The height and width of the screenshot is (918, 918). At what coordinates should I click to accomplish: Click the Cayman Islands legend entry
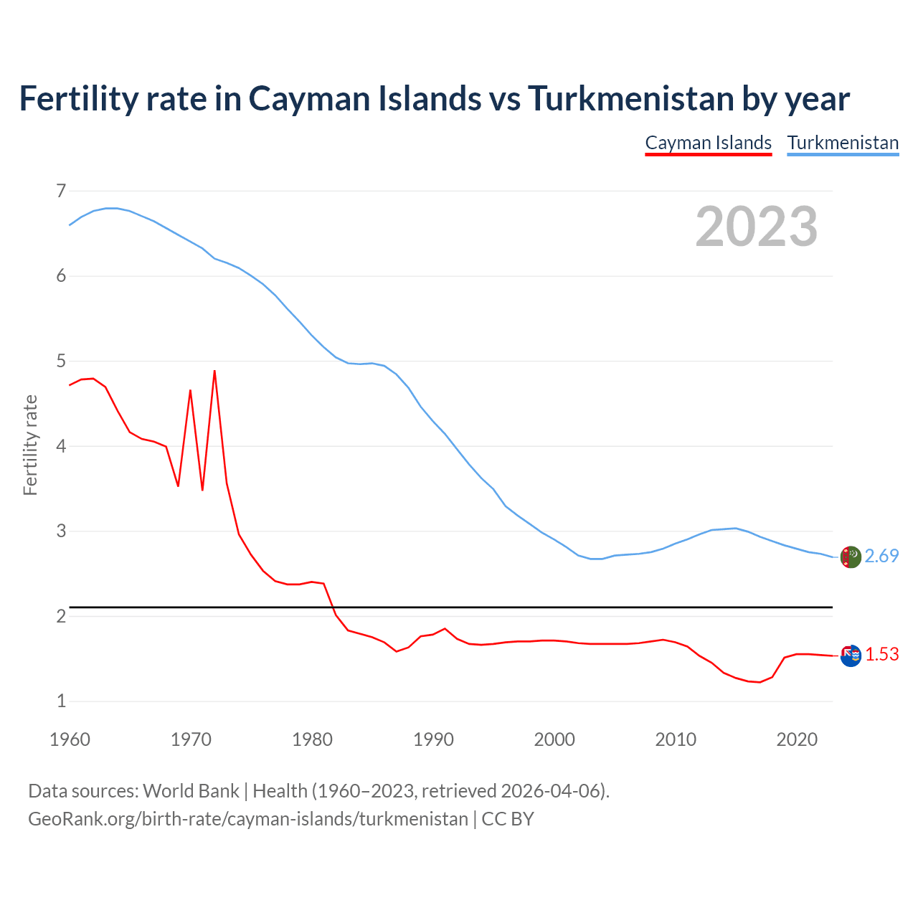click(x=708, y=143)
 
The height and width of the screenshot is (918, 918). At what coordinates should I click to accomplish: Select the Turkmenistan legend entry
click(x=843, y=143)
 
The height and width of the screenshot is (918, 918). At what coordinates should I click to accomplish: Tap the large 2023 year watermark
click(x=757, y=227)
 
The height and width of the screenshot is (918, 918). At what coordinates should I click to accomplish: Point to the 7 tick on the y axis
click(x=61, y=191)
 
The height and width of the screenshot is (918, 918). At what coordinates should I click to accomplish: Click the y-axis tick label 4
click(x=61, y=446)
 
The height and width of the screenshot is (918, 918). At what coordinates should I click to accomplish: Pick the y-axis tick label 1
click(x=61, y=701)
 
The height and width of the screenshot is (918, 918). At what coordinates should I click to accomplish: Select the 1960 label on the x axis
click(x=70, y=739)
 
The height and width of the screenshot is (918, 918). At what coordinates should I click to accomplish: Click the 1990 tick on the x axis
click(x=433, y=739)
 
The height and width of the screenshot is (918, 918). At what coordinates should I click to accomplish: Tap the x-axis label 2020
click(x=797, y=739)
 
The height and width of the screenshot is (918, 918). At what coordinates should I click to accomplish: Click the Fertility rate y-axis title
click(x=30, y=445)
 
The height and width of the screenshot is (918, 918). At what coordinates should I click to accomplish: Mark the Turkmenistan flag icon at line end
click(x=851, y=557)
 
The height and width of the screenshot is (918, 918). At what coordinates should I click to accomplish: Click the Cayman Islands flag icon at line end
click(x=851, y=655)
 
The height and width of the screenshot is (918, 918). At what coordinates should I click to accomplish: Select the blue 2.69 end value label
click(x=881, y=557)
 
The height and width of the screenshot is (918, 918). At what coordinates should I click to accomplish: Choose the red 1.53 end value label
click(x=881, y=655)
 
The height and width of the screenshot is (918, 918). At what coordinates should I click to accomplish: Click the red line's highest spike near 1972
click(x=214, y=372)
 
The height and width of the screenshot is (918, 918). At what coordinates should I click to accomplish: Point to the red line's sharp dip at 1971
click(x=202, y=489)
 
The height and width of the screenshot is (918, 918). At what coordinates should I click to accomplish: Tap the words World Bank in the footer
click(x=191, y=791)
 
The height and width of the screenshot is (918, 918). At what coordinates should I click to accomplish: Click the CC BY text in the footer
click(x=508, y=819)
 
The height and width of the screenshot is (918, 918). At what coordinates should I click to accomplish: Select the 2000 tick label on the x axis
click(x=554, y=739)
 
